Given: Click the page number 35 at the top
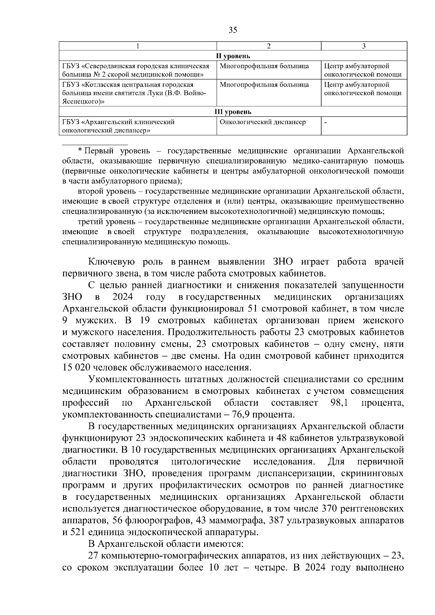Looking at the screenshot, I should [x=233, y=30].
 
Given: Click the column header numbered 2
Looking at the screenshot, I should [x=269, y=46].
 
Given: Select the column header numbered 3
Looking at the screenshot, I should [x=364, y=46].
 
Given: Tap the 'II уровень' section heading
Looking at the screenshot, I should [x=233, y=56].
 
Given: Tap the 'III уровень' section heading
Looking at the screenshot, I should [x=233, y=112].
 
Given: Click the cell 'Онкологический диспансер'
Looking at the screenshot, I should [x=263, y=122].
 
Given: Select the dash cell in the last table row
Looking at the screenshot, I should [x=326, y=122].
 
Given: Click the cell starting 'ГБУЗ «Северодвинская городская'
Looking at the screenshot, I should [x=136, y=70].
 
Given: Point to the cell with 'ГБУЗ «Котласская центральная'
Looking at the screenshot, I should [x=134, y=93].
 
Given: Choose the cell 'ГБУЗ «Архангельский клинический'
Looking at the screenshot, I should [x=119, y=126].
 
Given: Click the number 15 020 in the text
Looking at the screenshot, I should [x=76, y=367].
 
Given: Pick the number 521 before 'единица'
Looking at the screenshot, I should [x=80, y=532].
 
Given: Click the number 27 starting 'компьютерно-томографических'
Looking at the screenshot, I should [x=93, y=556].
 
